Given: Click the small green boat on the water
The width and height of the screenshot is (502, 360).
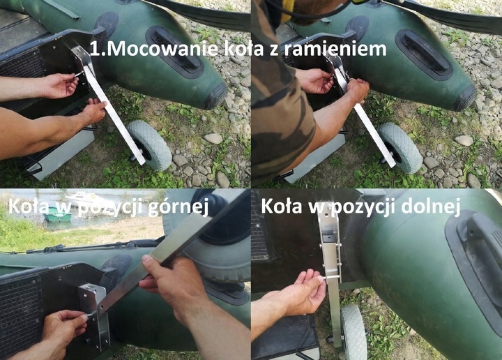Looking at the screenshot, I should [56, 216].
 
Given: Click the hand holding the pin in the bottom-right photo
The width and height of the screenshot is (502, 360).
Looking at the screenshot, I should [300, 293].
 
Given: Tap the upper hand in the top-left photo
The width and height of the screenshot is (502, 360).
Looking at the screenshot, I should [59, 85].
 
